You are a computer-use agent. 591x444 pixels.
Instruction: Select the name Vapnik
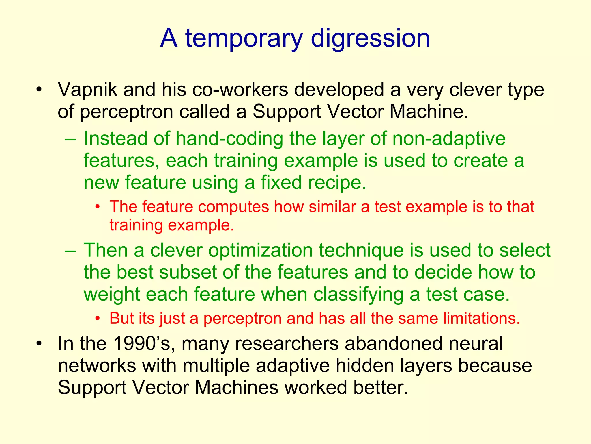pos(87,90)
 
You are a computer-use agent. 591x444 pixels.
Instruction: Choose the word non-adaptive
pos(449,138)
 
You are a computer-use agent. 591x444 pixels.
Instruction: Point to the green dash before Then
pos(71,251)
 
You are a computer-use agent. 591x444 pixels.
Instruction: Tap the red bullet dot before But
pos(98,319)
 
